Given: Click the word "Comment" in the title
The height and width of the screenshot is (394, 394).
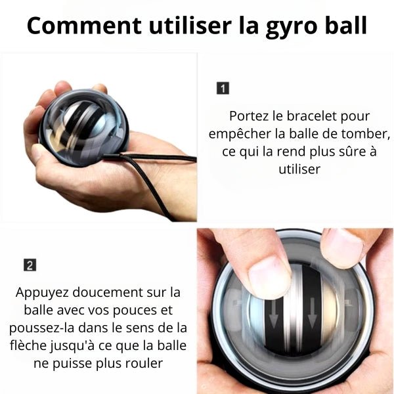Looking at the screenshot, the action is click(x=84, y=26).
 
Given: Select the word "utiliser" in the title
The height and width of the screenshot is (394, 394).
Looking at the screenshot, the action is click(x=190, y=25).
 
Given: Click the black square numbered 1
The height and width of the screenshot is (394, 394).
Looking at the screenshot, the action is click(x=223, y=88).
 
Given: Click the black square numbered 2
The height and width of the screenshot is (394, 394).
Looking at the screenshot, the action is click(x=30, y=265).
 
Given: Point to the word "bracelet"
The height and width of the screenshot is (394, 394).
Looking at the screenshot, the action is click(x=311, y=116).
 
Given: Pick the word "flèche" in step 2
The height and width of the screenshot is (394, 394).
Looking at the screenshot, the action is click(x=28, y=345).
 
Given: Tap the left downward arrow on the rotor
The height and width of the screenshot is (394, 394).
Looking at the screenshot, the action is click(x=274, y=313).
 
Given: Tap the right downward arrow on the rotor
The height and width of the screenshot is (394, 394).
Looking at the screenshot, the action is click(x=312, y=313).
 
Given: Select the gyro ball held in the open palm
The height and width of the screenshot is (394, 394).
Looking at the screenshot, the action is click(x=84, y=127).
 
